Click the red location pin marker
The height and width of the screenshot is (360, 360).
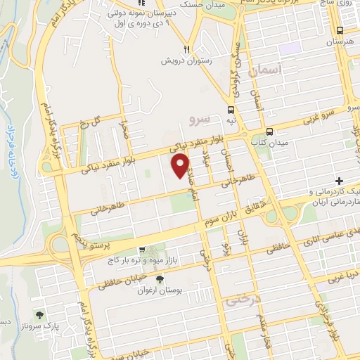coord(181,166)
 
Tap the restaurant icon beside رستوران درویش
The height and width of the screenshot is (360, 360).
coord(187,49)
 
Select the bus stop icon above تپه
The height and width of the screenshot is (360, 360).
coord(231,109)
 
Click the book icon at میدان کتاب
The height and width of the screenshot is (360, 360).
coord(269,131)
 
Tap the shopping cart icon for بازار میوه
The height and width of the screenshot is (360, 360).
coord(143,250)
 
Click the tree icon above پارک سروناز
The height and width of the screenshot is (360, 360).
coord(39,316)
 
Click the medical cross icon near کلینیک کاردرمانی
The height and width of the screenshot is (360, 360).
coord(340,181)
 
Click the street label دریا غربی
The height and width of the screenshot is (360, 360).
coord(342,276)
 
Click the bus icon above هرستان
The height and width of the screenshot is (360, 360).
coord(340,31)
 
